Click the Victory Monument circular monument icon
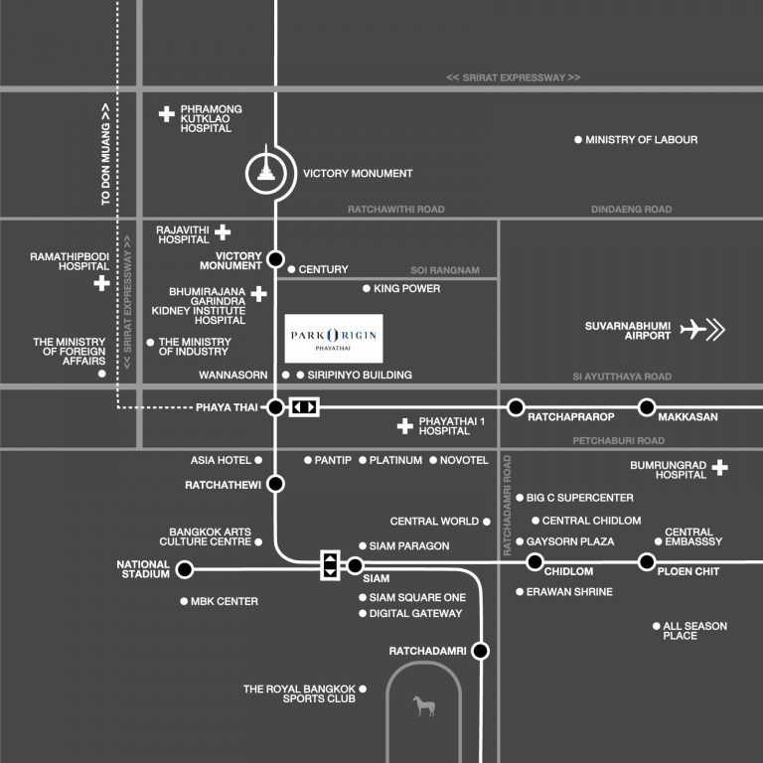click(x=265, y=173)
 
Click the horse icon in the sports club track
click(x=422, y=706)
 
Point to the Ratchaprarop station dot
click(x=516, y=406)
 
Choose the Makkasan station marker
click(x=647, y=406)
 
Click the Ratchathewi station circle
click(x=275, y=484)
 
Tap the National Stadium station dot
click(x=184, y=569)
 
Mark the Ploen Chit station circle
click(x=647, y=562)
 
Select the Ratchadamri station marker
click(x=481, y=652)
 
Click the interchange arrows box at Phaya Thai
click(x=304, y=406)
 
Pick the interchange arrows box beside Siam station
click(x=330, y=564)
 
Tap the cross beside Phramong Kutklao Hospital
click(x=167, y=114)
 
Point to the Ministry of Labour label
click(x=641, y=140)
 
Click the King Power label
click(x=407, y=288)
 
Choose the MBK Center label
click(x=224, y=601)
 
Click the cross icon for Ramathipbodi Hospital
click(x=100, y=284)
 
